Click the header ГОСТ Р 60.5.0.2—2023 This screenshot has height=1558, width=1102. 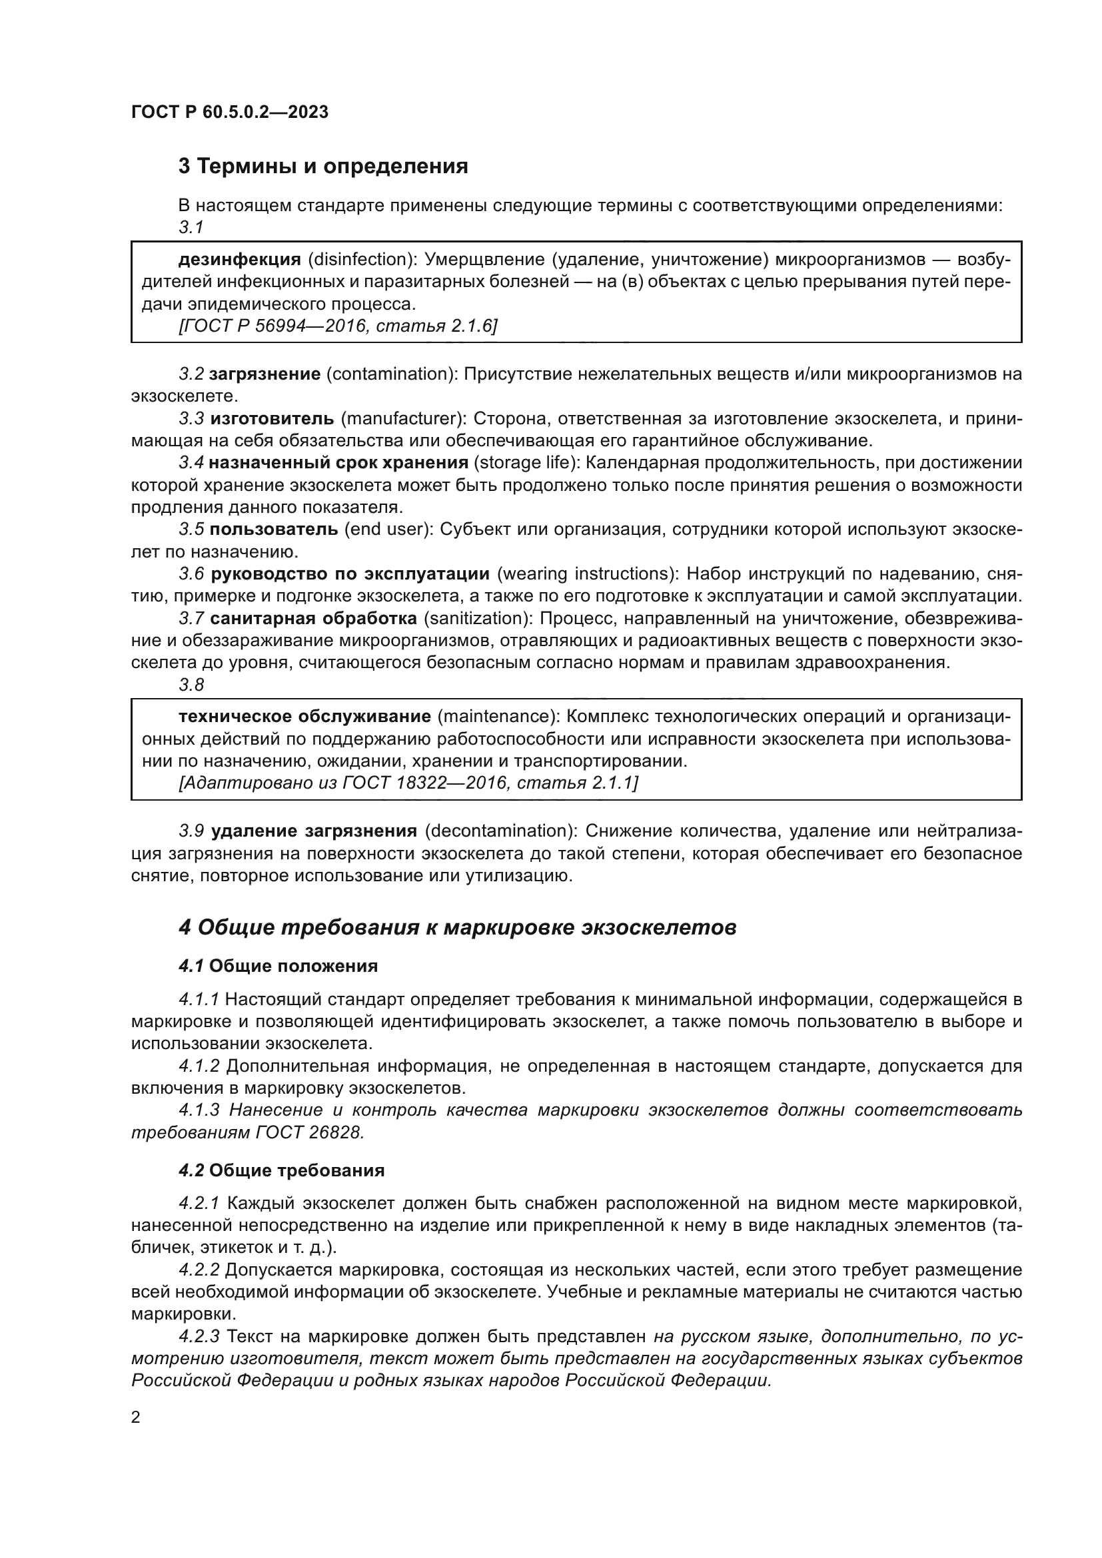229,112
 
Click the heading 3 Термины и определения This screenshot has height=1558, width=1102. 323,167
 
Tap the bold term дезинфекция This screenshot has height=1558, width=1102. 240,259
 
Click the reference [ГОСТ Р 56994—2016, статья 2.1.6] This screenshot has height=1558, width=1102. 338,326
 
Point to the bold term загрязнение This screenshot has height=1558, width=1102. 265,374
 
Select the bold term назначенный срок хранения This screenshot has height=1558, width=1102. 338,463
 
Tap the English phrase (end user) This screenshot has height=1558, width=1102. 388,530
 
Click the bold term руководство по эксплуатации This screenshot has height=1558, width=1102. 350,574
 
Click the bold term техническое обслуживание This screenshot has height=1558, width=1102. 304,717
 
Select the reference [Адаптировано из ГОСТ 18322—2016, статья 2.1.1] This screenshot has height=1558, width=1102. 408,783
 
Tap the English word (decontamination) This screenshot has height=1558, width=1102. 500,831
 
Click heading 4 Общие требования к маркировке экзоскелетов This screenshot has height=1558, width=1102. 457,928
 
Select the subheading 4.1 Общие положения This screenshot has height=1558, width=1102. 278,966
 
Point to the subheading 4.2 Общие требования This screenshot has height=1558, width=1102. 282,1170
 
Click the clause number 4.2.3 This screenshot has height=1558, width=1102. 199,1337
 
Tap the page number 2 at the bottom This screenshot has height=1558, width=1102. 136,1417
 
